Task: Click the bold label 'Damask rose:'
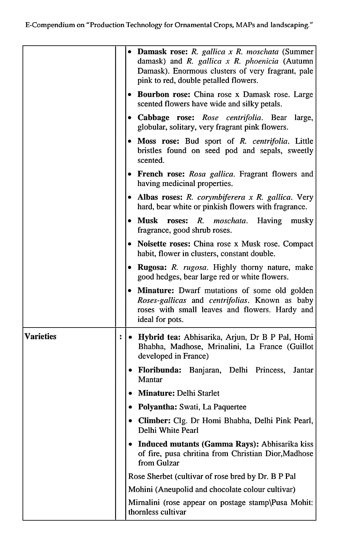pyautogui.click(x=162, y=52)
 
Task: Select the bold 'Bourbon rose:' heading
pyautogui.click(x=164, y=94)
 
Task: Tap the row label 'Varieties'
pyautogui.click(x=40, y=336)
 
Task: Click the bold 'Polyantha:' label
pyautogui.click(x=157, y=407)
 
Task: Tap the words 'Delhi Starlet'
pyautogui.click(x=198, y=393)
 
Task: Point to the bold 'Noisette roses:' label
pyautogui.click(x=164, y=244)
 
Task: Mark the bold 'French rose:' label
pyautogui.click(x=161, y=174)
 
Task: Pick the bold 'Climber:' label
pyautogui.click(x=155, y=420)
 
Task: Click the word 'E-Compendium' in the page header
pyautogui.click(x=50, y=25)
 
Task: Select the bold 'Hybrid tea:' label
pyautogui.click(x=160, y=337)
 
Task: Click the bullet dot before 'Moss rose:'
pyautogui.click(x=130, y=142)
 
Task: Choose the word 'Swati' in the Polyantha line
pyautogui.click(x=189, y=407)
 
